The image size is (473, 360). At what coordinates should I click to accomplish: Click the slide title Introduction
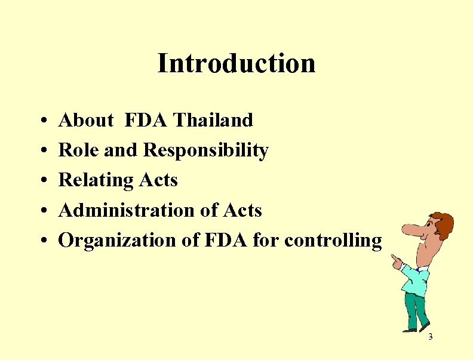point(236,63)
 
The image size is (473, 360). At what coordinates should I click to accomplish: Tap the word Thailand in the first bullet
point(213,120)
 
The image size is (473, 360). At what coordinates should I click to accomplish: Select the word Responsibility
point(206,150)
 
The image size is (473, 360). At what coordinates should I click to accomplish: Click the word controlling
point(333,240)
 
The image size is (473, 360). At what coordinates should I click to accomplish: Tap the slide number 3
point(430,338)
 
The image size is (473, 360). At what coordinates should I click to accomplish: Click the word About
point(86,120)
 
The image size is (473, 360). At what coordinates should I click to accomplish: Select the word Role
point(79,150)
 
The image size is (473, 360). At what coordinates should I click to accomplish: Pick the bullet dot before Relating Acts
point(45,181)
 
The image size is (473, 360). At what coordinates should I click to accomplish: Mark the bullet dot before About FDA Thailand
point(45,121)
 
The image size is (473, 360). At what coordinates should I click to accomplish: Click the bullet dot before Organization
point(45,241)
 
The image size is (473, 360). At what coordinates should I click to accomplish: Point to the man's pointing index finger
point(394,258)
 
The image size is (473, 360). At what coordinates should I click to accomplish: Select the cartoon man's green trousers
point(418,310)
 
